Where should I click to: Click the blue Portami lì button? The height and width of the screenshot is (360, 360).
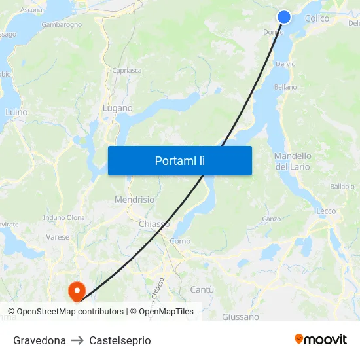click(x=179, y=160)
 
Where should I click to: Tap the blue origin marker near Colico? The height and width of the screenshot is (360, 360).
click(x=283, y=17)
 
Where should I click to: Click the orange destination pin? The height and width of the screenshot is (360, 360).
click(x=77, y=290)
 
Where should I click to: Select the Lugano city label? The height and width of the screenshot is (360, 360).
click(x=118, y=108)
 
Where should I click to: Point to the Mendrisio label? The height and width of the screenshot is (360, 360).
click(x=134, y=200)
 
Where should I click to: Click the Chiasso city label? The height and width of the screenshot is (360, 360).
click(x=154, y=224)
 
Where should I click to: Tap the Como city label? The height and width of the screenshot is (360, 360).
click(x=180, y=241)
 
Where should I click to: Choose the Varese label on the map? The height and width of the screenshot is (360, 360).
click(x=58, y=237)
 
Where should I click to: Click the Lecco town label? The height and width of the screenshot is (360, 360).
click(x=326, y=211)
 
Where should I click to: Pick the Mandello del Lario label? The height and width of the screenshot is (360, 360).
click(x=293, y=161)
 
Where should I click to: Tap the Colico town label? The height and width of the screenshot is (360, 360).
click(x=317, y=18)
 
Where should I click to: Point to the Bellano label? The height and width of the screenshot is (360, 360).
click(x=285, y=87)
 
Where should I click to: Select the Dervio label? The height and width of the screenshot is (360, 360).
click(x=286, y=64)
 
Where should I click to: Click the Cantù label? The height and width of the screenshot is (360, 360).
click(x=202, y=289)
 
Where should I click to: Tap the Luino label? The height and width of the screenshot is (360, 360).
click(x=16, y=112)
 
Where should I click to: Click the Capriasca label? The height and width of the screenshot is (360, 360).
click(x=126, y=70)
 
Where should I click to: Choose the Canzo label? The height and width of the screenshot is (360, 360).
click(x=271, y=219)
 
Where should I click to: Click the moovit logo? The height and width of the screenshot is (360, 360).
click(x=321, y=339)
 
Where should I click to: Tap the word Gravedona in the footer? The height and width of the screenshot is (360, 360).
click(x=39, y=340)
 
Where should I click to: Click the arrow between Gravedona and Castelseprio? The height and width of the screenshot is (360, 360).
click(x=77, y=340)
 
